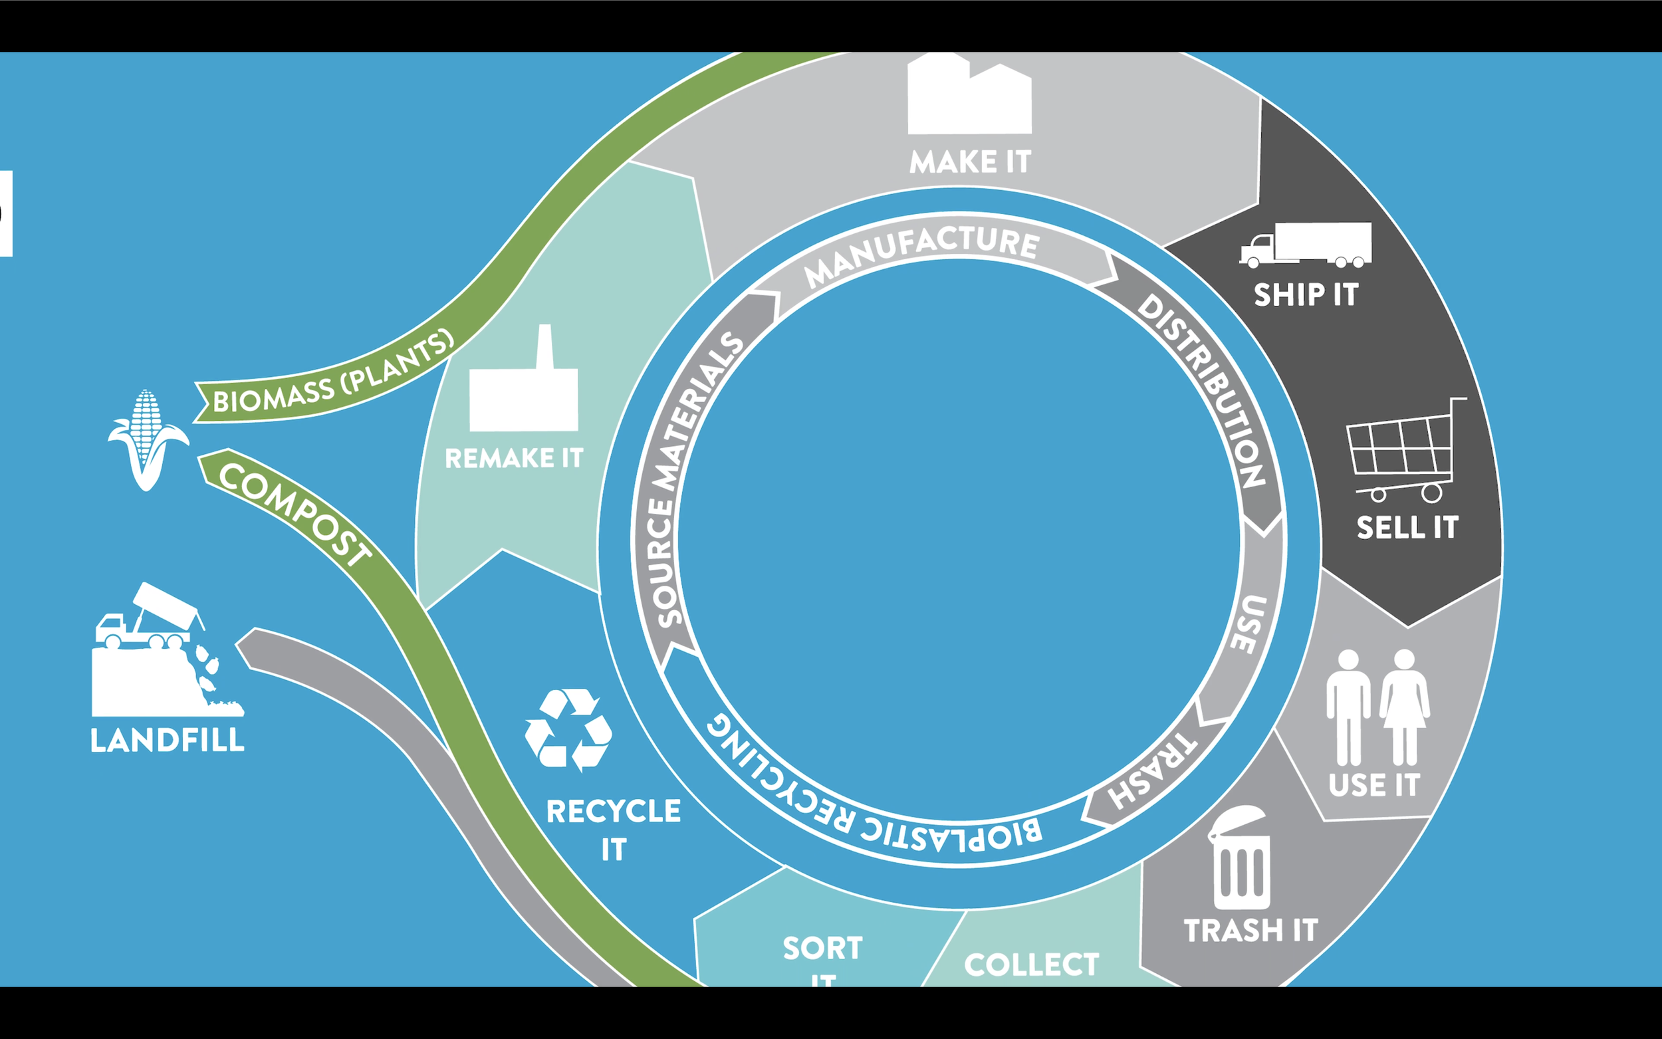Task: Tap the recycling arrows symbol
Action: [568, 730]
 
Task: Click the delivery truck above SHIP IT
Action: [1306, 245]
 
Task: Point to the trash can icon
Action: [1241, 859]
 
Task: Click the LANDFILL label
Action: [167, 741]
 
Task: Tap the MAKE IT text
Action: [970, 162]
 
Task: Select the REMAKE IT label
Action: [514, 458]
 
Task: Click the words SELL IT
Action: [1407, 528]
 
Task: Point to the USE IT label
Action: [1373, 786]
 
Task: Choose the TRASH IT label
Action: [1250, 931]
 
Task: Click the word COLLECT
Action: [1031, 965]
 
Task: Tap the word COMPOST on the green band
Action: [295, 514]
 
